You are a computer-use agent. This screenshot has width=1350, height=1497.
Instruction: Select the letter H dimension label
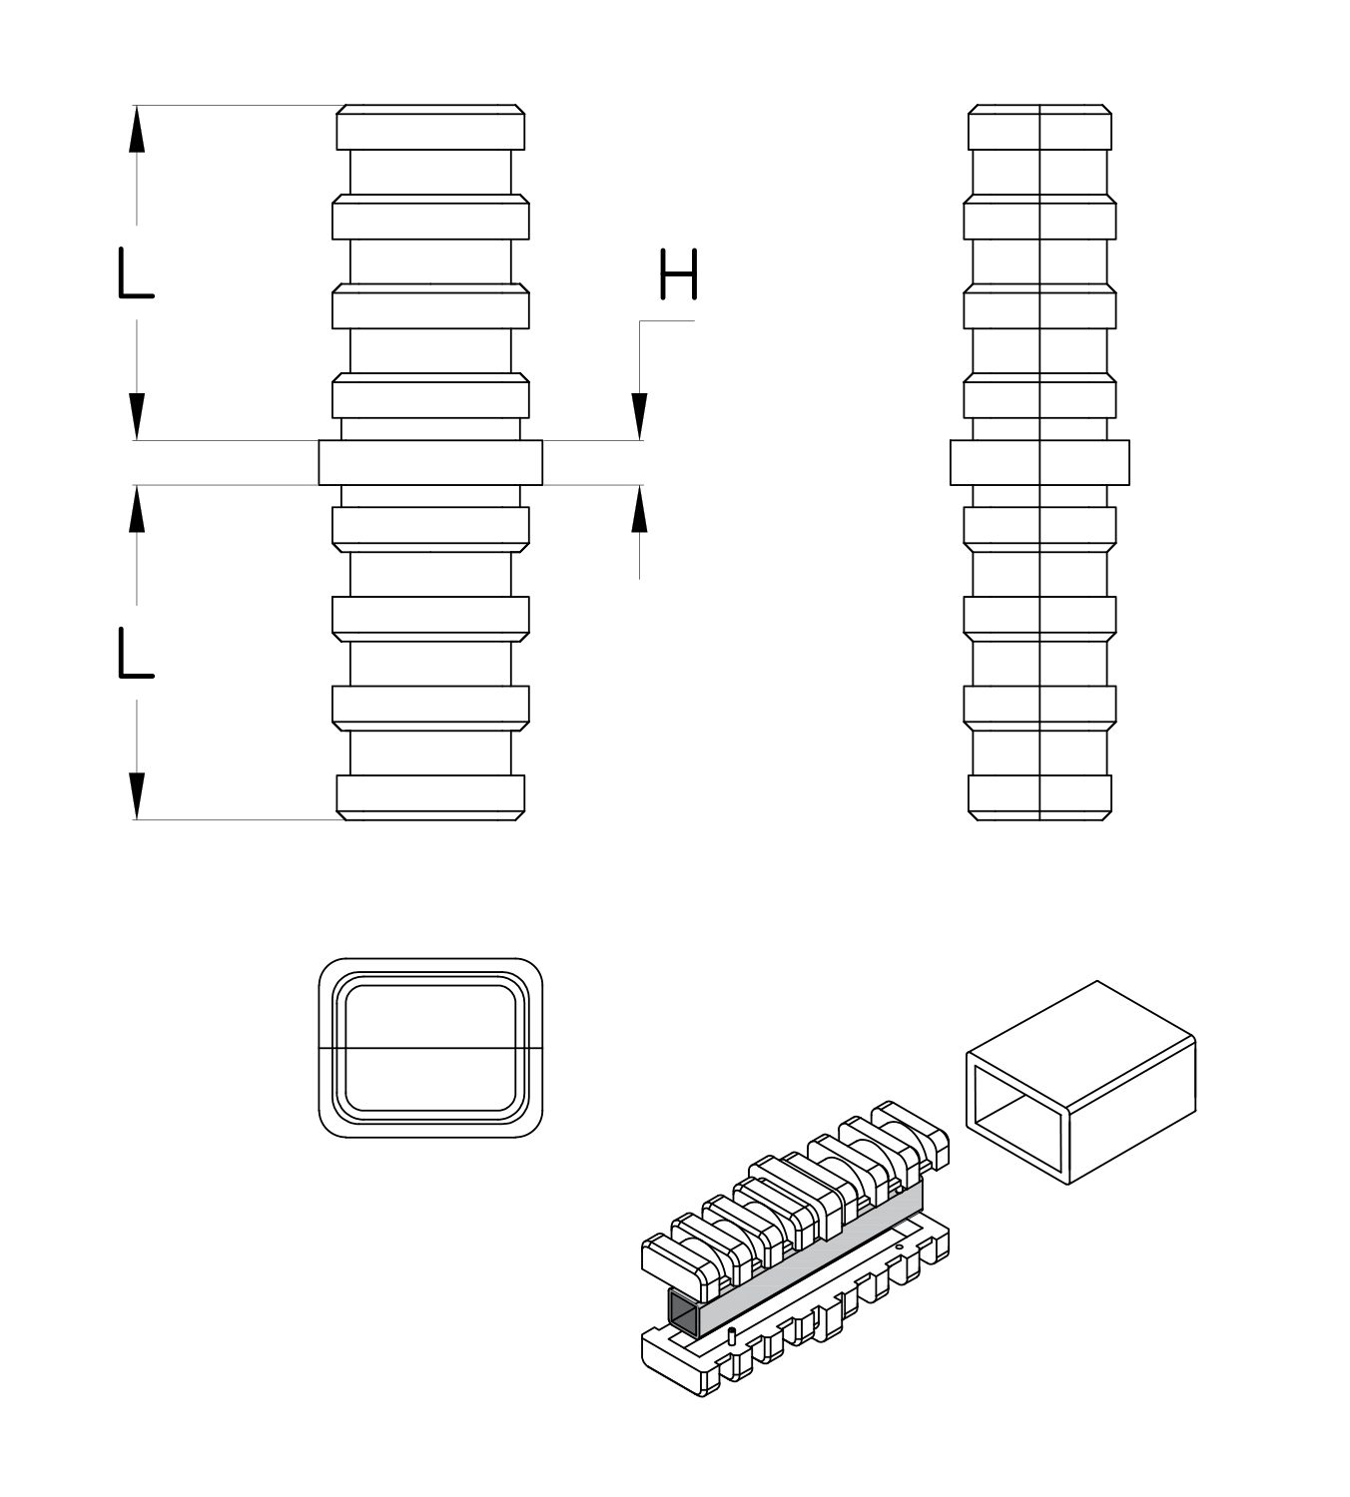tap(678, 275)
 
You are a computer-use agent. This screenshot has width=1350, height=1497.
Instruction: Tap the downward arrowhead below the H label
tap(639, 416)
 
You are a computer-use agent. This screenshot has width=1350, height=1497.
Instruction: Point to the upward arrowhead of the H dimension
tap(639, 510)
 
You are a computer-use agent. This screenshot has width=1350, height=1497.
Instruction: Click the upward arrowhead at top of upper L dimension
tap(137, 130)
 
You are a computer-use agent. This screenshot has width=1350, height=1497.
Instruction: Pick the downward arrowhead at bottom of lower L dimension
tap(137, 795)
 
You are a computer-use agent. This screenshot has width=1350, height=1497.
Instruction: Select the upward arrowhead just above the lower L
tap(137, 510)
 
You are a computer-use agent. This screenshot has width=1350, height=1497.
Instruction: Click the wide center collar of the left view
tap(430, 463)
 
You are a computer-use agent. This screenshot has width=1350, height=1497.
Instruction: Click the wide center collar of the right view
tap(1039, 463)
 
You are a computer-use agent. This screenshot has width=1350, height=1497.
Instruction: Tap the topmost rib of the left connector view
tap(430, 128)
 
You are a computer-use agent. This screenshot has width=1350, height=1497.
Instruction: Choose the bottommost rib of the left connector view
tap(430, 796)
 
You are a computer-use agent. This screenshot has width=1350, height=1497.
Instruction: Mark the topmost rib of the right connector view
tap(1039, 128)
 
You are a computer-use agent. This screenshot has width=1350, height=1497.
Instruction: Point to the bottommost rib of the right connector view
tap(1039, 796)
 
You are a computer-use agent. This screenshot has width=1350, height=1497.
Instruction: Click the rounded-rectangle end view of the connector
tap(430, 1048)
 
